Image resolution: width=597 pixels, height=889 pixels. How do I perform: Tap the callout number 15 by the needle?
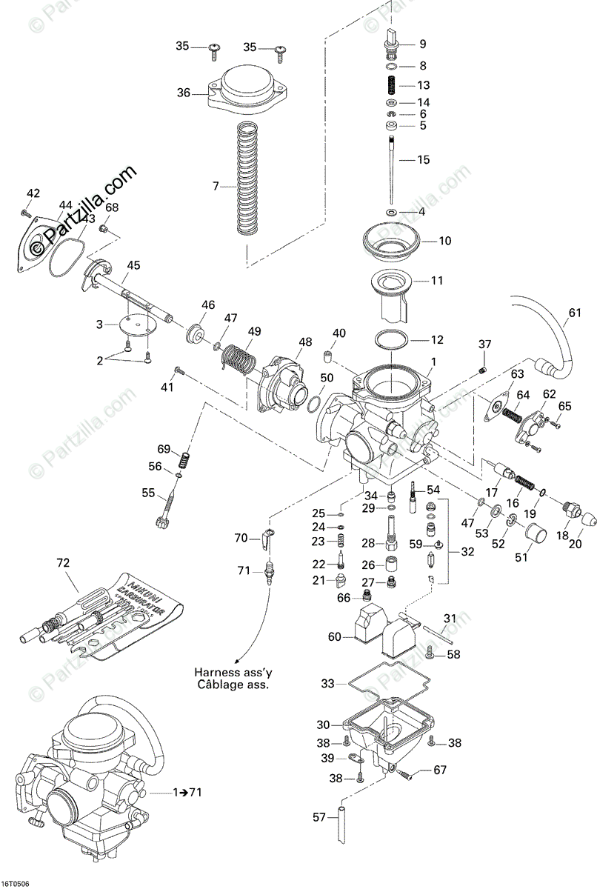pyautogui.click(x=423, y=159)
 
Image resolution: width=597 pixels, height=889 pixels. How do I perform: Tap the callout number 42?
pyautogui.click(x=32, y=193)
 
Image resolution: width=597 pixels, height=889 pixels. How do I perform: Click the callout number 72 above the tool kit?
pyautogui.click(x=61, y=562)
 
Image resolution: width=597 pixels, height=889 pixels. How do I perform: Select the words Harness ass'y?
pyautogui.click(x=231, y=673)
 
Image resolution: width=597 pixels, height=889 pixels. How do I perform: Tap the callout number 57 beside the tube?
pyautogui.click(x=319, y=817)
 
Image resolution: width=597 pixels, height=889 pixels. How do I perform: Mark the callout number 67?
pyautogui.click(x=440, y=770)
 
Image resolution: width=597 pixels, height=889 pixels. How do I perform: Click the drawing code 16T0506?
pyautogui.click(x=16, y=883)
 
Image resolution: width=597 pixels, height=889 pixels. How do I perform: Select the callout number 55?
pyautogui.click(x=148, y=493)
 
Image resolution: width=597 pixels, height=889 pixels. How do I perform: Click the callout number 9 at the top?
pyautogui.click(x=423, y=43)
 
